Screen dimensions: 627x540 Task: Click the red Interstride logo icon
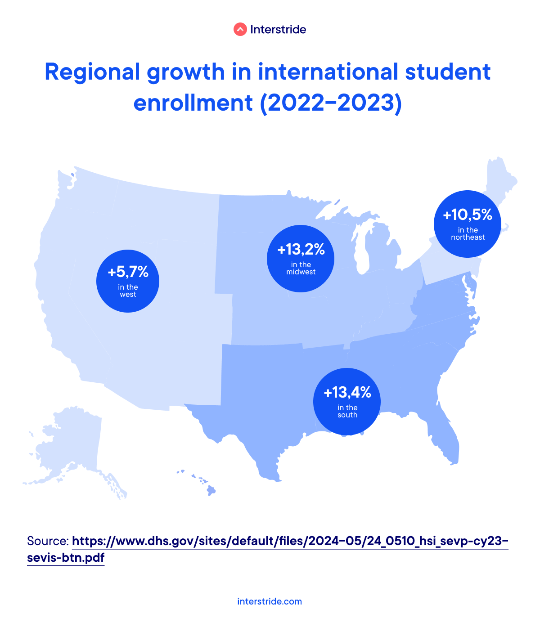(240, 30)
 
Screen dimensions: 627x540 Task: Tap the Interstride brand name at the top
(278, 30)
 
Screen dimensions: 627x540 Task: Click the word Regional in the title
(93, 72)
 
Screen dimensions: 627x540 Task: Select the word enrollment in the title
(193, 103)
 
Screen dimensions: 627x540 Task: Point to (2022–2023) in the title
(331, 103)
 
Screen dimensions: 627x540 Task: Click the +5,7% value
(128, 272)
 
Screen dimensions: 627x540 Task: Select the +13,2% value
(301, 249)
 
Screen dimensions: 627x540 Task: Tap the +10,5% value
(468, 215)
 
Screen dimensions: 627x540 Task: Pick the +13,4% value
(347, 393)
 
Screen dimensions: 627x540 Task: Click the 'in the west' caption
(128, 291)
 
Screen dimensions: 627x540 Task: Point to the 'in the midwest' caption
(301, 268)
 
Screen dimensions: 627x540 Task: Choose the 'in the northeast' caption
(468, 233)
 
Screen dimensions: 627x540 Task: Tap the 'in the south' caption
(347, 411)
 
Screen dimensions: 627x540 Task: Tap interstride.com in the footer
(270, 601)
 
